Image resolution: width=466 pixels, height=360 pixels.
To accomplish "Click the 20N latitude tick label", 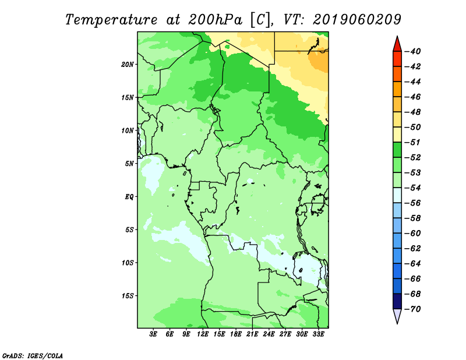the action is coord(128,65).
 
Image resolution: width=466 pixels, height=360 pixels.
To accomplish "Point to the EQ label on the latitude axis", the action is coord(129,197).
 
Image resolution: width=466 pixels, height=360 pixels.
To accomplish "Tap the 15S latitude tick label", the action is coord(128,296).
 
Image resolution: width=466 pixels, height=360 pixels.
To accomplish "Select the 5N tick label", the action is coord(129,164).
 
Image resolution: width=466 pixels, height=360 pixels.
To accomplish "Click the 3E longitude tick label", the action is coord(153,334).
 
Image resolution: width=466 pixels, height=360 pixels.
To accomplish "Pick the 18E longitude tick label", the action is coord(236,334).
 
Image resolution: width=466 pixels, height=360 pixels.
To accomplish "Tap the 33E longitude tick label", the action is coord(318,334).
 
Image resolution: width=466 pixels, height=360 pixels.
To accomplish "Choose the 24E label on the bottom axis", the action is coord(269,334).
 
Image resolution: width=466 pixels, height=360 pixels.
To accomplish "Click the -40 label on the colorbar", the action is coord(413,51).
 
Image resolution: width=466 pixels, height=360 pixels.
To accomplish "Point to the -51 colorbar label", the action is coord(413,142).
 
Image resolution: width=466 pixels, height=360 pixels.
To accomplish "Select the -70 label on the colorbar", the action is coord(413,309).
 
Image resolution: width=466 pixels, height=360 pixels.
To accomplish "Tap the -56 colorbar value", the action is coord(413,203).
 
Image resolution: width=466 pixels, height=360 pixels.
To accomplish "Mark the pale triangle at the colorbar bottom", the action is coord(397,315).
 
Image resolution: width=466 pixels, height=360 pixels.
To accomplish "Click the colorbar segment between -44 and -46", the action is coord(397,89).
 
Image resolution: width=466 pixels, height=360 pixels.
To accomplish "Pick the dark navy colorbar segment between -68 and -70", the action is coord(397,301).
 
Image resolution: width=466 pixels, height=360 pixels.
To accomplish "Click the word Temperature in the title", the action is coord(111,20).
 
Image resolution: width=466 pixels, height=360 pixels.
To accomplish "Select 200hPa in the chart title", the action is coord(216,20).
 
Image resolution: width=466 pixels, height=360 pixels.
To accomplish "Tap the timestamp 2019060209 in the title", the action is coord(357,20).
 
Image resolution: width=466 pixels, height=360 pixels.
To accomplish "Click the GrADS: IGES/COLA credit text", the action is coord(33,355).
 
